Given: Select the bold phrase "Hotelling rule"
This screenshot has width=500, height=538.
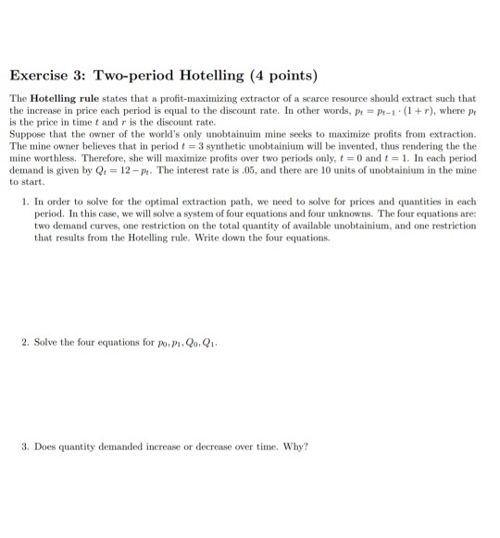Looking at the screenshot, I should coord(59,98).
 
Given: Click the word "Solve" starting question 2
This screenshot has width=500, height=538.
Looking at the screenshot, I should coord(46,341).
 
